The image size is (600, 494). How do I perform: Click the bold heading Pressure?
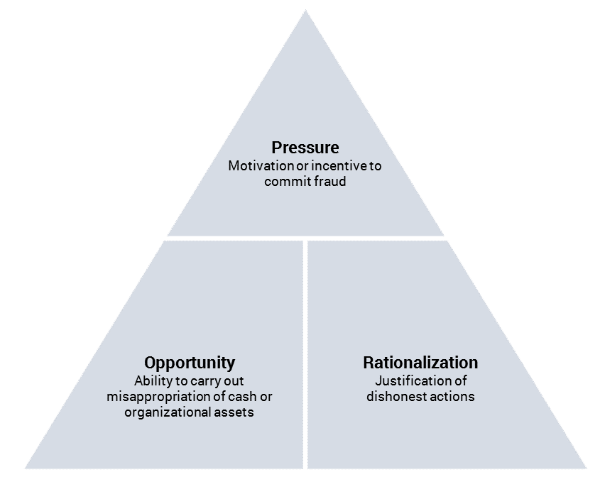(x=305, y=148)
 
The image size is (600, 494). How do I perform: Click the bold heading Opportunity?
(x=190, y=363)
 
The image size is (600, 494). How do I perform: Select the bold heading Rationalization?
(x=420, y=363)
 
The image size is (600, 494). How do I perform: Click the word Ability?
(x=151, y=380)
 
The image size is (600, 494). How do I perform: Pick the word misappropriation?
(x=160, y=396)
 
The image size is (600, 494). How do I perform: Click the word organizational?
(x=165, y=412)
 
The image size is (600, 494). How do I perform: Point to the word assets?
(x=232, y=412)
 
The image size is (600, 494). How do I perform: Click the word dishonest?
(x=396, y=396)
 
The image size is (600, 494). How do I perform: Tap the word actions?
(x=452, y=396)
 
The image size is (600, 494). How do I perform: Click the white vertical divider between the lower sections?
(x=305, y=355)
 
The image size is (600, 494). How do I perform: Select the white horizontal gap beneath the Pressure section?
(x=305, y=238)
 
